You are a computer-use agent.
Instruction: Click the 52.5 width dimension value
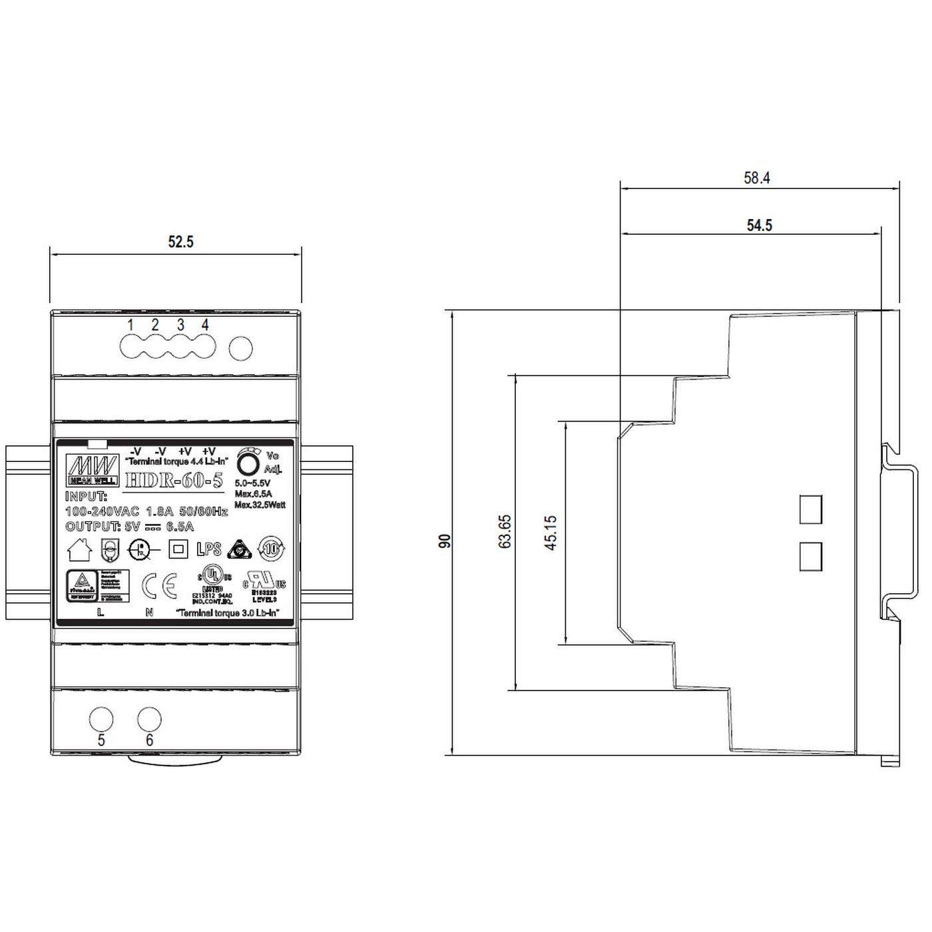click(x=180, y=242)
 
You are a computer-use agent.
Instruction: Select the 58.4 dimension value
click(x=757, y=178)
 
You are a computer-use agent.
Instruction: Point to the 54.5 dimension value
click(x=759, y=226)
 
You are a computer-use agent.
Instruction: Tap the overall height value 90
click(x=445, y=541)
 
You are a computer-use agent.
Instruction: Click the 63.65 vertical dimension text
click(x=505, y=531)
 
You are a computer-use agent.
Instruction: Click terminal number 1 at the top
click(x=131, y=326)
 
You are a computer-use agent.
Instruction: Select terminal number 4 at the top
click(x=205, y=326)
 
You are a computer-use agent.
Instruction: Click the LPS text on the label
click(x=209, y=549)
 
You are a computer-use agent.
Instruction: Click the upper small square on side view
click(x=810, y=509)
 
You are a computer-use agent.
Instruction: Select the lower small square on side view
click(x=810, y=557)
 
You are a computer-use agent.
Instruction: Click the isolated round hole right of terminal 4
click(x=241, y=349)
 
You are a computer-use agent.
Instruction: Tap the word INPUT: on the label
click(x=87, y=497)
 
